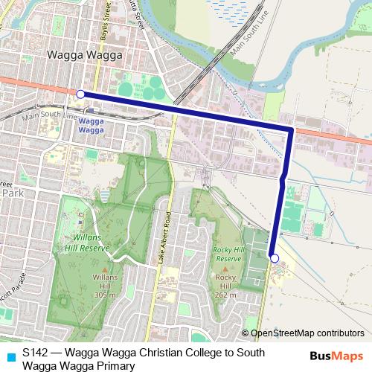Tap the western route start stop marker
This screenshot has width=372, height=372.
[x=80, y=94]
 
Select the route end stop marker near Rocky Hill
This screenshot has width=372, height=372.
[x=275, y=258]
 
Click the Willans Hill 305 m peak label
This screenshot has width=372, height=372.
[x=105, y=286]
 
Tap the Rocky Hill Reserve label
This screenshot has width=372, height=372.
[x=228, y=254]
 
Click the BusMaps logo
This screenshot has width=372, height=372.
[x=336, y=356]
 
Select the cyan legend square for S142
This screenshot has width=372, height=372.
[x=10, y=356]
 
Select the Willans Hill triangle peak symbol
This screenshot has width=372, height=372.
[x=105, y=269]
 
